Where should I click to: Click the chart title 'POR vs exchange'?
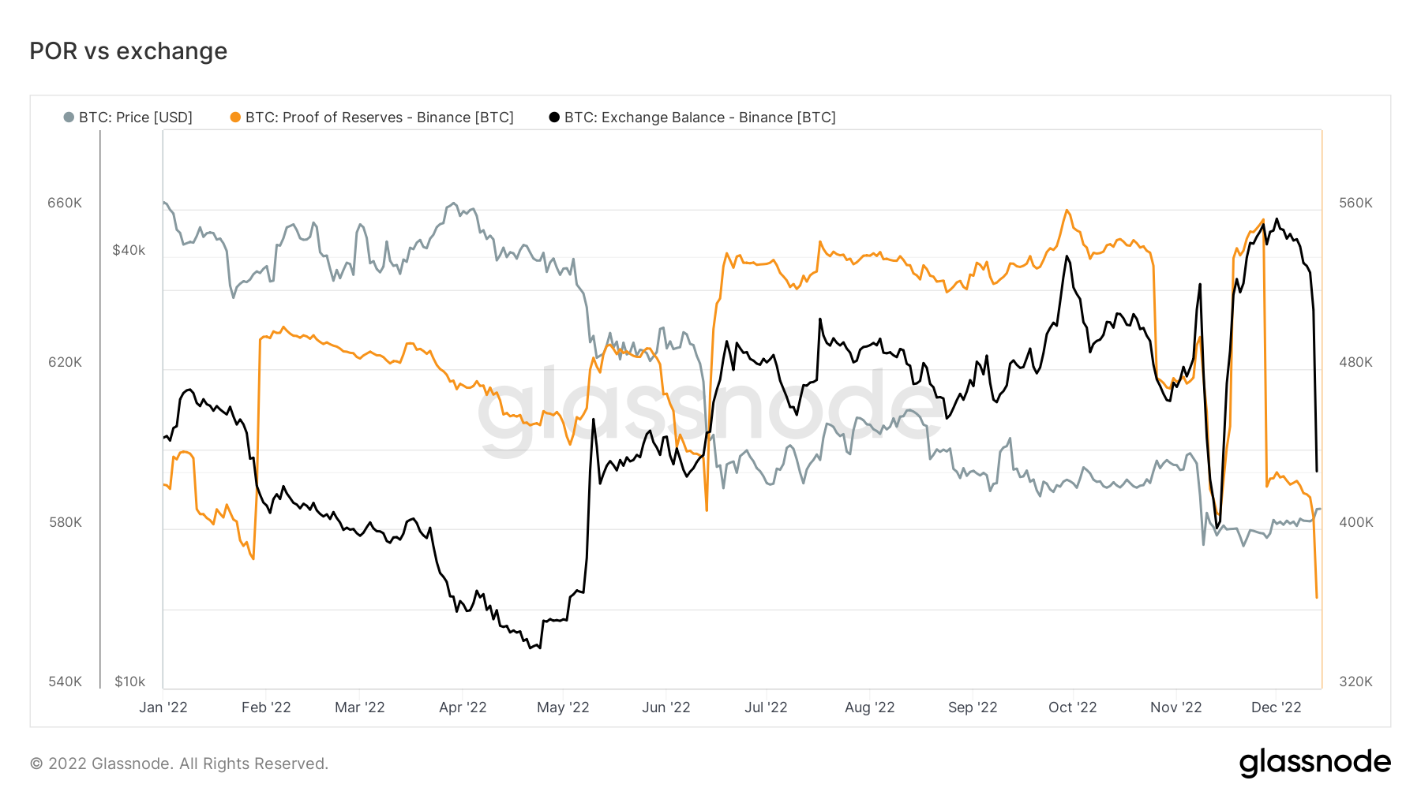click(128, 51)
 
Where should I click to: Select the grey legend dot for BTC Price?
click(69, 118)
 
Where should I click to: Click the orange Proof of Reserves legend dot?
click(235, 118)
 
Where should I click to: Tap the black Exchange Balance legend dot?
click(554, 118)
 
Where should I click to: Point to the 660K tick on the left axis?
click(65, 203)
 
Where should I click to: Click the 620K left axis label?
click(65, 362)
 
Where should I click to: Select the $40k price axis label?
click(129, 250)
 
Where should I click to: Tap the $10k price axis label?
click(129, 681)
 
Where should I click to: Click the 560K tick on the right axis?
click(1355, 203)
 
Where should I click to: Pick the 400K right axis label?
click(1355, 522)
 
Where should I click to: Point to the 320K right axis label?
click(1355, 681)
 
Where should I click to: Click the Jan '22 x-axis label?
click(163, 708)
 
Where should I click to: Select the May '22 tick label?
click(563, 708)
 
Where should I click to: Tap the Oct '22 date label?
click(1072, 708)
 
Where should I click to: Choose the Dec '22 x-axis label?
click(1276, 708)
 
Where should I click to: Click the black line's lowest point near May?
click(539, 648)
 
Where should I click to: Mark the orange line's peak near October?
click(1067, 210)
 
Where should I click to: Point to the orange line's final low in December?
click(1316, 598)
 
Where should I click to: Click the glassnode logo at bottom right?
click(1314, 763)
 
